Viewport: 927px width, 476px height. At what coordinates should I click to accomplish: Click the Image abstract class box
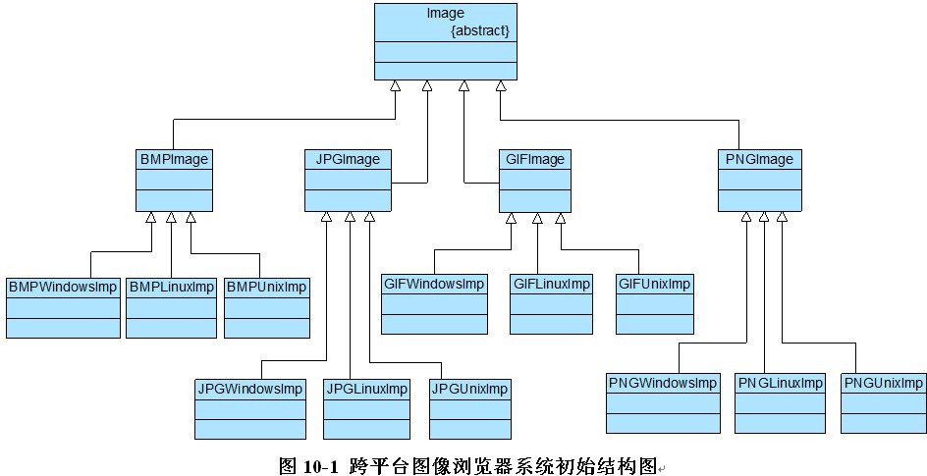pyautogui.click(x=445, y=41)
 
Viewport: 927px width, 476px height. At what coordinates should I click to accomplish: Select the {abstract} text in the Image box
pyautogui.click(x=479, y=30)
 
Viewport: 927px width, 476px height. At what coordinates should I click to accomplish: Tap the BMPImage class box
pyautogui.click(x=174, y=180)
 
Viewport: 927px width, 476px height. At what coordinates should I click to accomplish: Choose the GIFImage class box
pyautogui.click(x=533, y=180)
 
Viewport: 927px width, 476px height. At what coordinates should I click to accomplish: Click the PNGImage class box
pyautogui.click(x=760, y=180)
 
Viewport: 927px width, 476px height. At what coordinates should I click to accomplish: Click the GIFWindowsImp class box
pyautogui.click(x=434, y=304)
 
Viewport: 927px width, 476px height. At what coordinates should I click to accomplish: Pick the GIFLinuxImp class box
pyautogui.click(x=552, y=304)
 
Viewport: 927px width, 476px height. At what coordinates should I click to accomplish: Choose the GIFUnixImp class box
pyautogui.click(x=654, y=304)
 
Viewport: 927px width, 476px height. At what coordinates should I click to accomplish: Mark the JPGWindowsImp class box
pyautogui.click(x=250, y=408)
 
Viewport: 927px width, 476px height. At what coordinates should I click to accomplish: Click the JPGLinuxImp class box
pyautogui.click(x=366, y=408)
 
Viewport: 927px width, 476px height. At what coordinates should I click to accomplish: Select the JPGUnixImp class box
pyautogui.click(x=469, y=408)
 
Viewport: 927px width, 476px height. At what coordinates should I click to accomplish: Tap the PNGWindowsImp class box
pyautogui.click(x=663, y=402)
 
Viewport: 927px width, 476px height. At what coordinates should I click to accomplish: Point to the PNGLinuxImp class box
pyautogui.click(x=781, y=402)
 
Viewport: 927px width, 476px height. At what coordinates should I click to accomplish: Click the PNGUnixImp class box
pyautogui.click(x=883, y=402)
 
